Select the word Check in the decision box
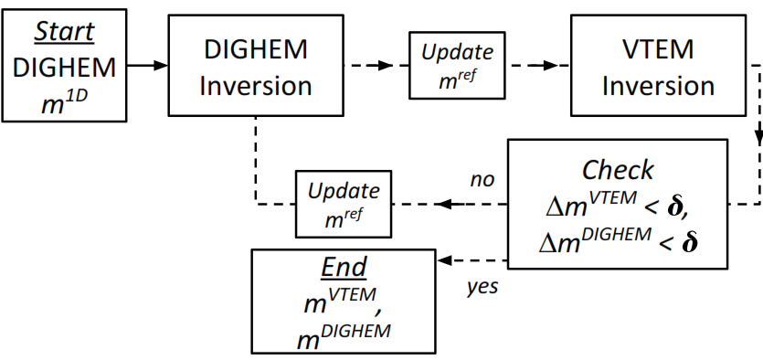[x=618, y=170]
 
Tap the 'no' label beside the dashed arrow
[x=482, y=179]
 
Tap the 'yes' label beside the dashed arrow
[x=482, y=287]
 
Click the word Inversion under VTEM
[x=658, y=87]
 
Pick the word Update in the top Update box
[x=457, y=52]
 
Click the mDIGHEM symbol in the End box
[x=344, y=334]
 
